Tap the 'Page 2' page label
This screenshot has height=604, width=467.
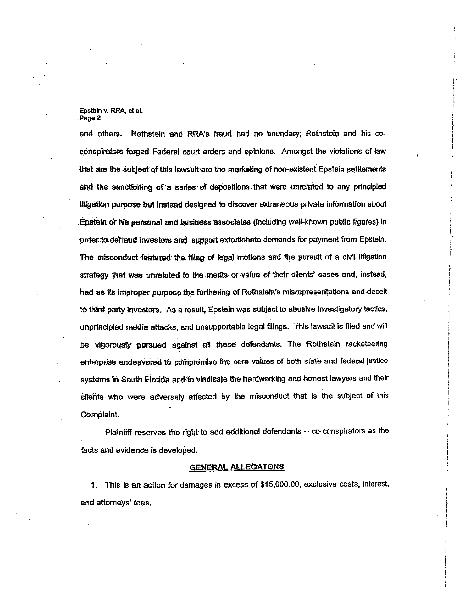90,118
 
